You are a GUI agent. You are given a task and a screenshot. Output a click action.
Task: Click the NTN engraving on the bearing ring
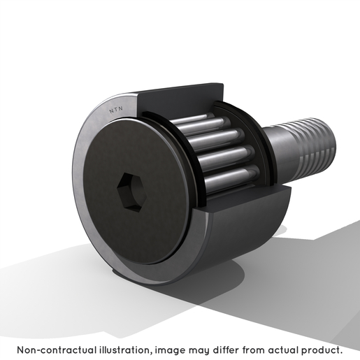(x=116, y=110)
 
